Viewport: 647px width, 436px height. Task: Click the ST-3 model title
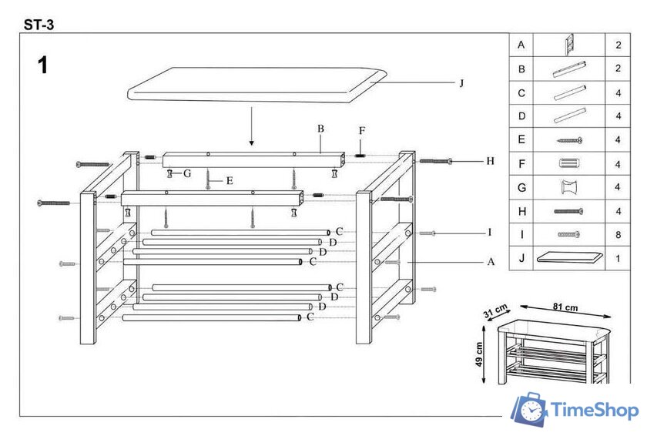point(39,25)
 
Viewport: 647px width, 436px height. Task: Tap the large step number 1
point(42,65)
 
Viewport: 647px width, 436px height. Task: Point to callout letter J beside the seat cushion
point(461,83)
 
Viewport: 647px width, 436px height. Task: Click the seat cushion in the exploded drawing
point(257,85)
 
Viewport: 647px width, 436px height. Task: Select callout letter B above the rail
point(320,129)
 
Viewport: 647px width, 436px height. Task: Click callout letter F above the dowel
point(362,131)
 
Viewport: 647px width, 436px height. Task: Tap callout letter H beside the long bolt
point(490,161)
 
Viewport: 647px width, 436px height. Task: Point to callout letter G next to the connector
point(187,173)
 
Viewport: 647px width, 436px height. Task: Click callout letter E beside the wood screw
point(230,181)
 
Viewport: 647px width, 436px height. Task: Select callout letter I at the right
point(490,232)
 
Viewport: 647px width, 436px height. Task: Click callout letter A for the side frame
point(491,261)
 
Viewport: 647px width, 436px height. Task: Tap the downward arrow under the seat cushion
point(251,126)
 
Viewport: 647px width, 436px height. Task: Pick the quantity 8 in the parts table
point(618,235)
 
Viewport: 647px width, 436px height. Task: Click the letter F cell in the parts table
point(521,164)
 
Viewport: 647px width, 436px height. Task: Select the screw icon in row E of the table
point(569,140)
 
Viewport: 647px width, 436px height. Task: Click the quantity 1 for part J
point(618,259)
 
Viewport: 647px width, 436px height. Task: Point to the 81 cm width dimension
point(565,307)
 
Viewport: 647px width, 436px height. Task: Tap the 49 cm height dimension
point(478,354)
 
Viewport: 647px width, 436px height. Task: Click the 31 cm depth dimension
point(495,310)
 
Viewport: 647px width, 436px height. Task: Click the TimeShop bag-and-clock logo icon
point(529,410)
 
